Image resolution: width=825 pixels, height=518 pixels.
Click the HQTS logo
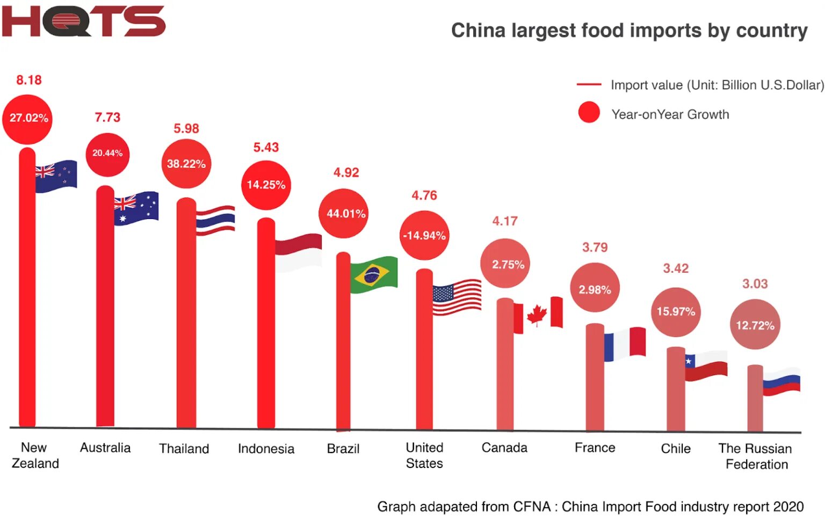[x=83, y=21]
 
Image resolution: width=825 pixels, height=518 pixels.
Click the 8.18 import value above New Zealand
[x=29, y=80]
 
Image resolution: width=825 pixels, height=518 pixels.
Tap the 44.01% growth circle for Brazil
[x=345, y=214]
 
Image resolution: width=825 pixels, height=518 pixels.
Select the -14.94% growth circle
[x=424, y=235]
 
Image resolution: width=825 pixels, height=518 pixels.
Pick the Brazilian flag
[x=374, y=275]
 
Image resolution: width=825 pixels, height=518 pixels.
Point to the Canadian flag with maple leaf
[x=538, y=314]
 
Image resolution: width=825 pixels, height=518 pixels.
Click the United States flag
[x=457, y=297]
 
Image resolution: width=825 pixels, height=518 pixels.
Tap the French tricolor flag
[x=625, y=344]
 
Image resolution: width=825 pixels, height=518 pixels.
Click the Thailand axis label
[x=184, y=449]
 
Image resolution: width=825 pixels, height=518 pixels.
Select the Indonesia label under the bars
[x=266, y=449]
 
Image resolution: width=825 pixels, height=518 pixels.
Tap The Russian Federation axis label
[x=756, y=456]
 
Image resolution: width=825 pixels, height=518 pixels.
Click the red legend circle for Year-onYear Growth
[x=589, y=113]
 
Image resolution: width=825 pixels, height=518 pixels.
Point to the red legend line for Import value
[x=589, y=85]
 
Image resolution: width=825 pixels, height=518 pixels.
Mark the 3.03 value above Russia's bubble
[x=755, y=284]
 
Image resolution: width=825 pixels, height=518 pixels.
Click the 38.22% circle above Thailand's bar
[x=186, y=164]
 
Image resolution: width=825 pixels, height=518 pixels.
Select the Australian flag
[x=136, y=208]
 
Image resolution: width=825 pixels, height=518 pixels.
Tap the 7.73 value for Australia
[x=107, y=118]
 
